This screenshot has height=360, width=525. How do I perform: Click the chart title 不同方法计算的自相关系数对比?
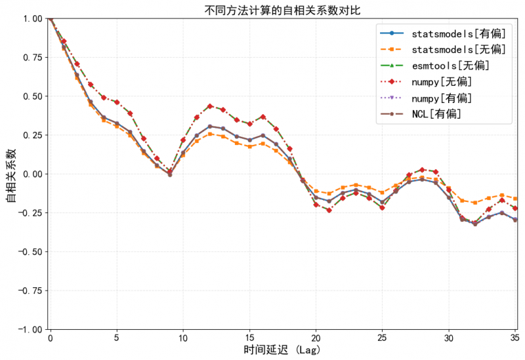(x=282, y=9)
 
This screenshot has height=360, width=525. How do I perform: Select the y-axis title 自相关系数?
(x=11, y=174)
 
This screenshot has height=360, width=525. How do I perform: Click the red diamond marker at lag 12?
(x=210, y=106)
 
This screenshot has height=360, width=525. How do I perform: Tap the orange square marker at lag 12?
(x=210, y=134)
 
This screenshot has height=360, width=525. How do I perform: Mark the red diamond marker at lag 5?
(x=117, y=102)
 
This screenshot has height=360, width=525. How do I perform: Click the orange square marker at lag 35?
(x=515, y=198)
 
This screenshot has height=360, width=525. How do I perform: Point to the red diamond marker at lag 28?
(x=422, y=169)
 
